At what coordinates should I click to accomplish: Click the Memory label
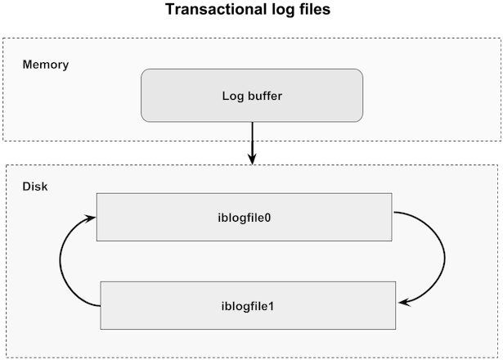46,65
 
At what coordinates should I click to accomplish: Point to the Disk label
35,187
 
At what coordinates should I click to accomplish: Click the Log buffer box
252,95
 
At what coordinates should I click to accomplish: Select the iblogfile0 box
244,217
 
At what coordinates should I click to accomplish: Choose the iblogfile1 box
248,305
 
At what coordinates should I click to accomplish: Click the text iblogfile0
244,218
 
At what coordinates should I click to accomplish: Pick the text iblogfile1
248,306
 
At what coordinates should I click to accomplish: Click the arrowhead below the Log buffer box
253,159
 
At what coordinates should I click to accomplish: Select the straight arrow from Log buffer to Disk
253,143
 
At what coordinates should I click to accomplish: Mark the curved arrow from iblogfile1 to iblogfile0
60,260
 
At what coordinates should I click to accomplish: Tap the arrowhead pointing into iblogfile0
90,218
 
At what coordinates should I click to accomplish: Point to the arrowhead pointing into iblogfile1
404,302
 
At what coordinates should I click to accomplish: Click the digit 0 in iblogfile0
267,218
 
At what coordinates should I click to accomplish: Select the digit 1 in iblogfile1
271,307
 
